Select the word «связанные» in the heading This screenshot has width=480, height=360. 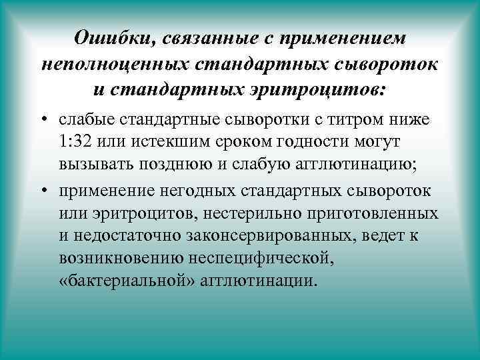coord(211,39)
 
